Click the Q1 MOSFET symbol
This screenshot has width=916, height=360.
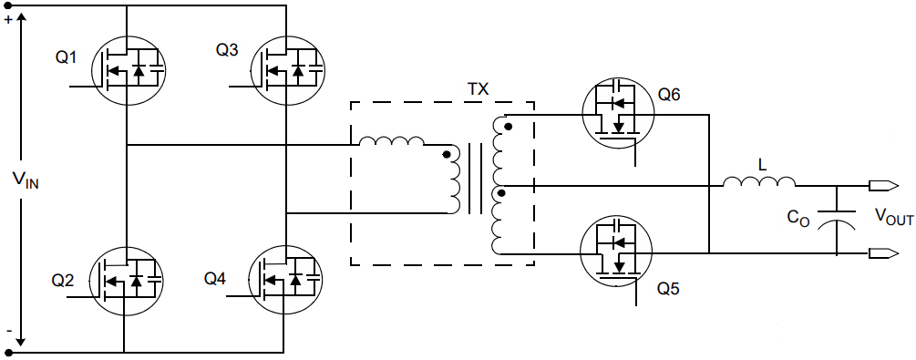[126, 69]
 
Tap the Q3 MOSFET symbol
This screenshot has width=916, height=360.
[286, 69]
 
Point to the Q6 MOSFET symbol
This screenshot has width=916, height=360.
[616, 113]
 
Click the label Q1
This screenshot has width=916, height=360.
[67, 57]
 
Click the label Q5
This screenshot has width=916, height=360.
[669, 289]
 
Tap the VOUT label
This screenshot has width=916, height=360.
[893, 217]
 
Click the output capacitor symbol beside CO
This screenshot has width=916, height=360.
[836, 221]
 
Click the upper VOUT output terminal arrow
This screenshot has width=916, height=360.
[880, 187]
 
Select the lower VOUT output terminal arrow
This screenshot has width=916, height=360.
[880, 253]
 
